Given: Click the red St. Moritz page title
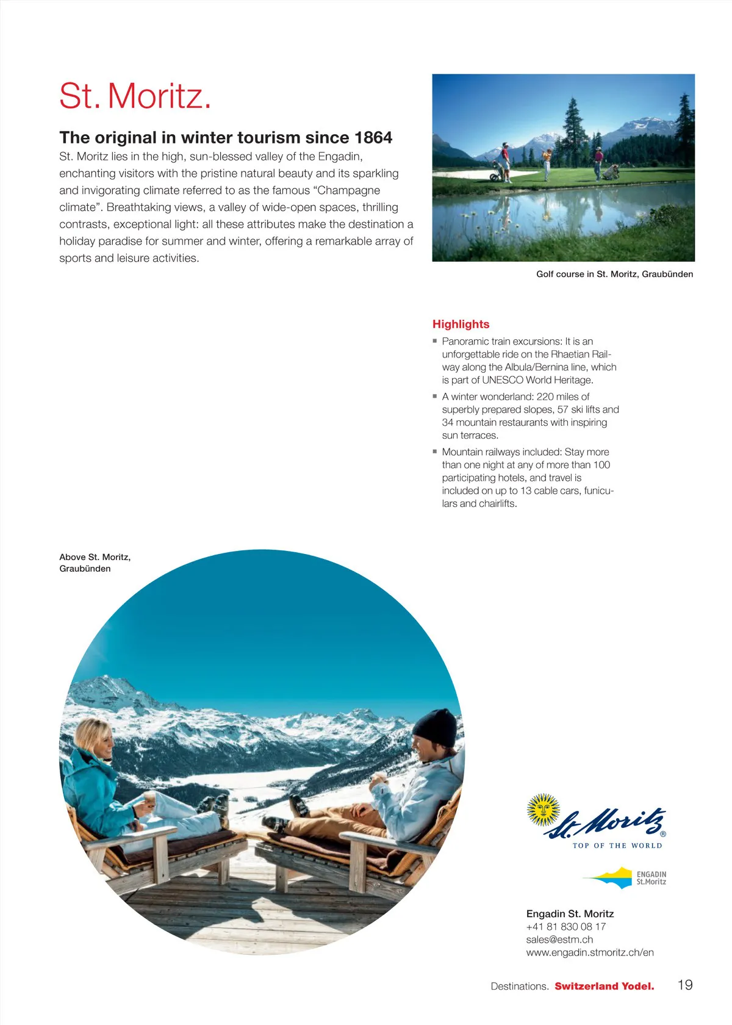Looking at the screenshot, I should (x=135, y=96).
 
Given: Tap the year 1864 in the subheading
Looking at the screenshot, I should (x=373, y=138).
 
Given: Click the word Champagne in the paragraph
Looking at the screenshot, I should (x=349, y=190).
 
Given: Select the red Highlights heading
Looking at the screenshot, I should (x=461, y=324).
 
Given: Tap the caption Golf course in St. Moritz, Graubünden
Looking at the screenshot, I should (x=614, y=274).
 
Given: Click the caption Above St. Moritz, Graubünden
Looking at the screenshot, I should (x=95, y=563).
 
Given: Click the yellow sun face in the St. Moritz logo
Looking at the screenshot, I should (x=543, y=810).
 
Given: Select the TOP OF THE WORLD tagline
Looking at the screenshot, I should (x=617, y=846).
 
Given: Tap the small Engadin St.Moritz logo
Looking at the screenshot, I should (x=625, y=878).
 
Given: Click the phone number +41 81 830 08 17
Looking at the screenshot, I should (x=565, y=927).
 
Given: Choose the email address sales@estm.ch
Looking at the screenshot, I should (x=559, y=940).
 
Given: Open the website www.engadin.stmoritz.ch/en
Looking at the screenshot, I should (x=590, y=952).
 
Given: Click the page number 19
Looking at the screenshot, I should (x=685, y=985).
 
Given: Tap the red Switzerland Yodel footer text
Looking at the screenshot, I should (x=604, y=986).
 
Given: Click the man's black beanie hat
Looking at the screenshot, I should (x=436, y=727).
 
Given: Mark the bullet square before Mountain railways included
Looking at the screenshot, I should (x=435, y=451).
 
